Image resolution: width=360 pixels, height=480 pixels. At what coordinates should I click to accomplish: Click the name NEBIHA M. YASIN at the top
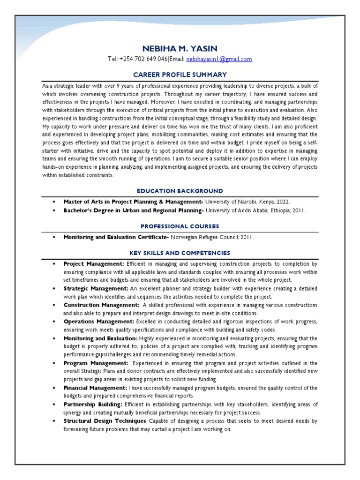180,48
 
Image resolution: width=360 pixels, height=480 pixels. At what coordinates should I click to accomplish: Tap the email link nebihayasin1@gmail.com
219,60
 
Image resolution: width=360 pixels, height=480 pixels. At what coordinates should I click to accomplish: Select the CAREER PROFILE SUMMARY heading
180,75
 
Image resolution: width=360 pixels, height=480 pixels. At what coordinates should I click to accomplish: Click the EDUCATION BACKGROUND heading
180,191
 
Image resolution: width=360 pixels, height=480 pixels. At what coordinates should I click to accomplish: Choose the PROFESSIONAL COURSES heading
180,226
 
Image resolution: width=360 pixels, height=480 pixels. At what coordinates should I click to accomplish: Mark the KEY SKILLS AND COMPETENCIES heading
180,253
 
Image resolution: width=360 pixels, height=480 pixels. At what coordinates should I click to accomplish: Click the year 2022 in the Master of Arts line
282,202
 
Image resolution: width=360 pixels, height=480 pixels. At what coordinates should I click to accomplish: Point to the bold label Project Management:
94,264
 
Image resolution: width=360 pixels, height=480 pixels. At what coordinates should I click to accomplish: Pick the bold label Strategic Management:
96,289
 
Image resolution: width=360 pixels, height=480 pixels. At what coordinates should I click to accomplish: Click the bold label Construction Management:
101,305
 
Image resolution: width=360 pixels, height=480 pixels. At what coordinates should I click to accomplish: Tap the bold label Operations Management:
98,322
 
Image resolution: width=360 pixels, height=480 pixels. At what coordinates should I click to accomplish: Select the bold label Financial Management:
95,388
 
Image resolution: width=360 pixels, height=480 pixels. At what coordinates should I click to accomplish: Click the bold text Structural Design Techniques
105,421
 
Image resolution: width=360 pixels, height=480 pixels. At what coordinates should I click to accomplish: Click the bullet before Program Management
54,363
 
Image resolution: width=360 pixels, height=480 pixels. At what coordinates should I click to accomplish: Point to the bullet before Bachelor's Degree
54,211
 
